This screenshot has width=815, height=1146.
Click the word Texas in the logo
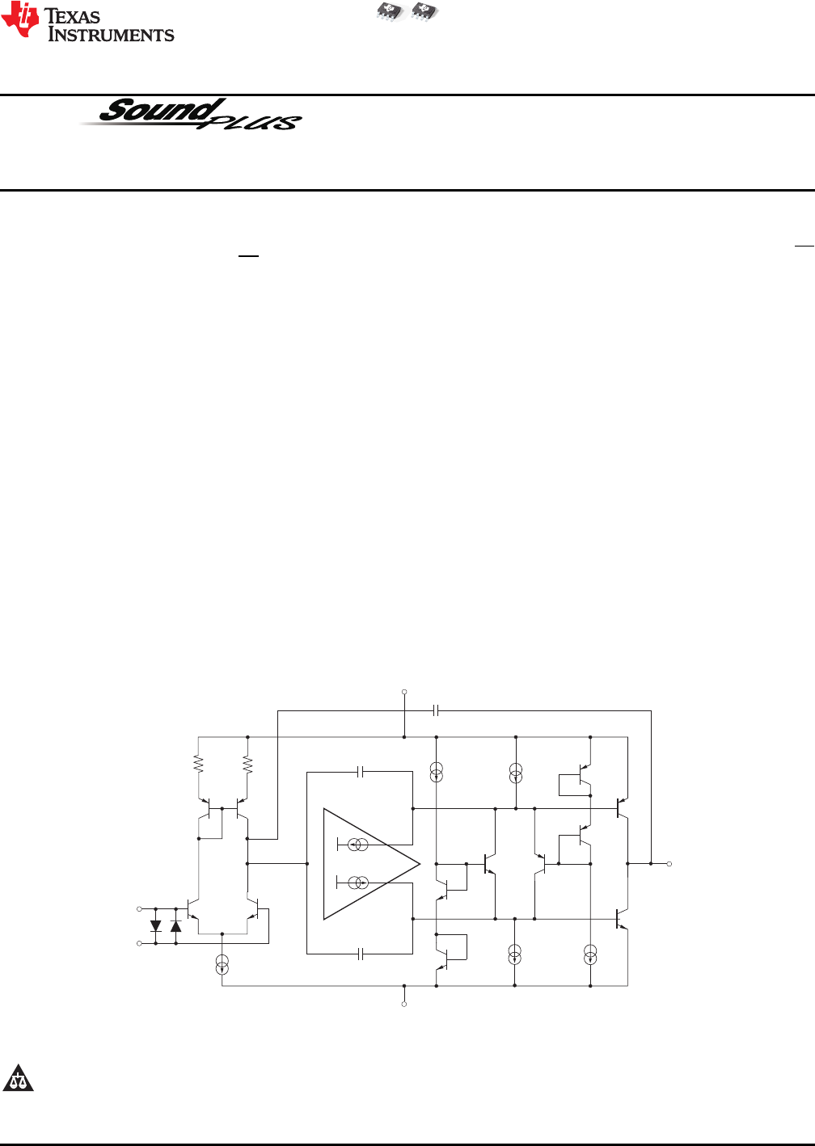coord(72,16)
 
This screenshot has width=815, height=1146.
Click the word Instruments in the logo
coord(112,35)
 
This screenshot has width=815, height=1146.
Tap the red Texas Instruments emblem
coord(20,19)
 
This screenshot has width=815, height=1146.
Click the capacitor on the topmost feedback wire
coord(436,710)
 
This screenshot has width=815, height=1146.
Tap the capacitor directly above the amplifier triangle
coord(361,773)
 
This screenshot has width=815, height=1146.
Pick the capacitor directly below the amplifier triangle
coord(361,954)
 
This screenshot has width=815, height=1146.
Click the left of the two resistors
coord(199,763)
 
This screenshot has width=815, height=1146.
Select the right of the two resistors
coord(247,763)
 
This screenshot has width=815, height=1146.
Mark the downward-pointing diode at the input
coord(156,926)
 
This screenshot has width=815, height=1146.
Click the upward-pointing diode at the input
coord(175,926)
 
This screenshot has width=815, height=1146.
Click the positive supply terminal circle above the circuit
coord(404,692)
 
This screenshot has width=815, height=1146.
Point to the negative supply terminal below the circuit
coord(404,1005)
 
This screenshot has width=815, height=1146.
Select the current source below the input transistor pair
coord(222,964)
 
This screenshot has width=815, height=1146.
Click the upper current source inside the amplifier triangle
coord(356,845)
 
